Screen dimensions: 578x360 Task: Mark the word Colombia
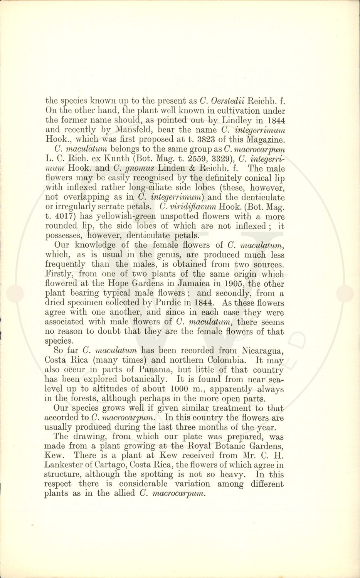tap(215, 360)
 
